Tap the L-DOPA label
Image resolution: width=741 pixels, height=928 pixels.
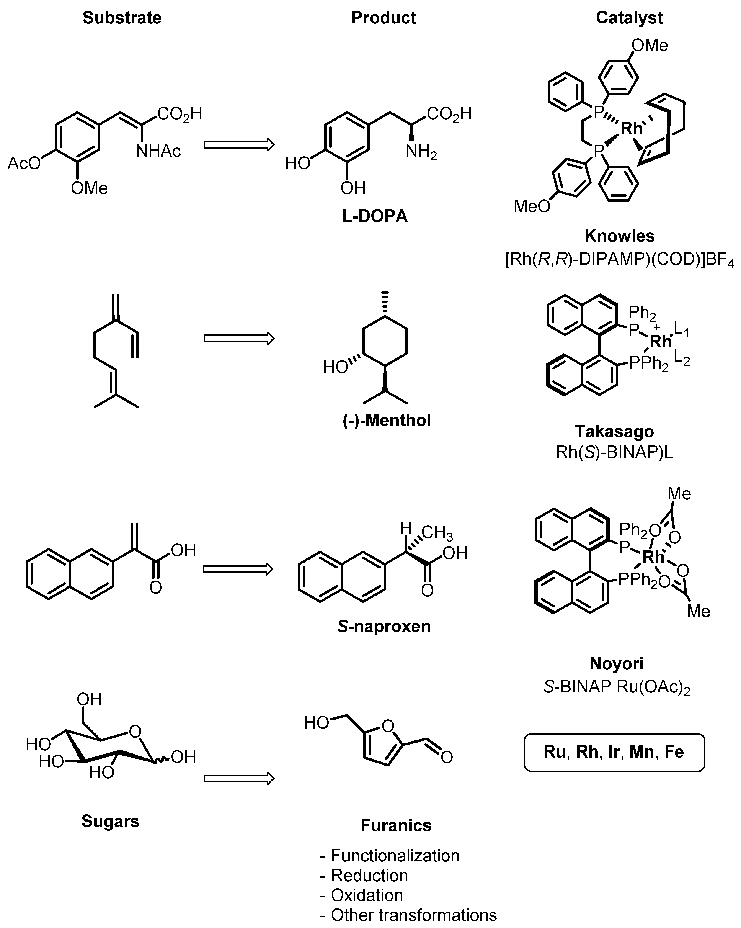374,216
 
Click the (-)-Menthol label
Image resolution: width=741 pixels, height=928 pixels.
387,420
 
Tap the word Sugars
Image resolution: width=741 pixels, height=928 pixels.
110,821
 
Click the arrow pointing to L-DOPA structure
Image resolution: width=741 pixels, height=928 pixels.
239,145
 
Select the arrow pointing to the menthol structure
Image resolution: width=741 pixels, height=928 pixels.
239,338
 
